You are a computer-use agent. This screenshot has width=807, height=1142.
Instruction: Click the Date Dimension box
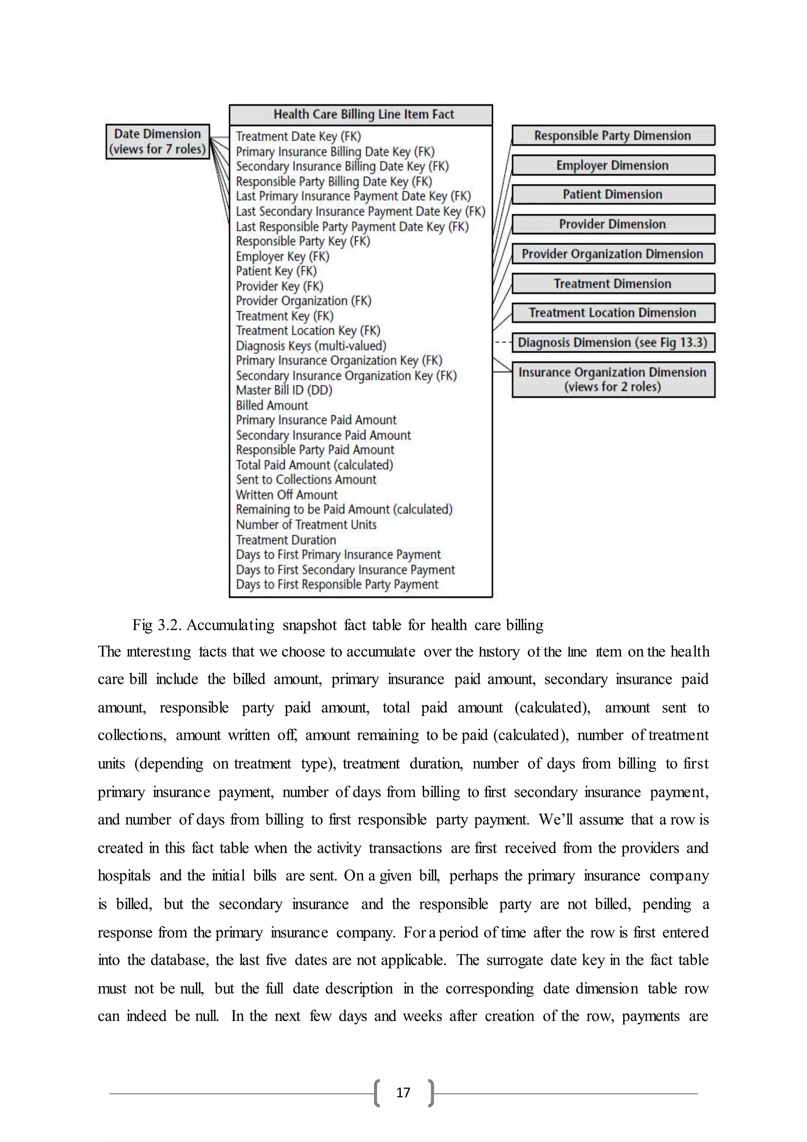coord(158,142)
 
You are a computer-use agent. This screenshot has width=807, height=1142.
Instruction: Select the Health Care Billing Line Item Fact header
coord(361,115)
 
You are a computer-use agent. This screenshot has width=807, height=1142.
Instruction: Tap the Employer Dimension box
coord(613,165)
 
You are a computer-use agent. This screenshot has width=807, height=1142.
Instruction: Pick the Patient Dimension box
coord(613,194)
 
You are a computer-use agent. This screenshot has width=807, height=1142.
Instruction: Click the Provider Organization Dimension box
coord(613,254)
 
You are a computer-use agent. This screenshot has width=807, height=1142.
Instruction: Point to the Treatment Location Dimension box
coord(613,313)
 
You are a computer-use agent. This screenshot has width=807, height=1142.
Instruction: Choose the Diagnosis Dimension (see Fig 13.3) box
coord(613,343)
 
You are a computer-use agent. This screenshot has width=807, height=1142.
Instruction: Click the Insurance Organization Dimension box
coord(613,379)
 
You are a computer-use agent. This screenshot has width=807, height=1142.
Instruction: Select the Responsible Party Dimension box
coord(613,135)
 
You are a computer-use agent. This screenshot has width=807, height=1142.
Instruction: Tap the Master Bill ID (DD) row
coord(284,390)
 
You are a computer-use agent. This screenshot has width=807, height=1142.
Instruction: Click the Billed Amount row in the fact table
coord(272,405)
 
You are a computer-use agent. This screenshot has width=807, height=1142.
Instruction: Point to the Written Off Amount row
coord(287,495)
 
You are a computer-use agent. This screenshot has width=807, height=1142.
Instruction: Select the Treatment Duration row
coord(286,540)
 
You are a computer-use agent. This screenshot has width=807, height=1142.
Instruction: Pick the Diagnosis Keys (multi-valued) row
coord(311,346)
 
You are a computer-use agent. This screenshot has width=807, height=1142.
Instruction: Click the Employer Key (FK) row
coord(282,257)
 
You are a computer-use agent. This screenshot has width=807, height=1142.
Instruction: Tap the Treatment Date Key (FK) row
coord(298,136)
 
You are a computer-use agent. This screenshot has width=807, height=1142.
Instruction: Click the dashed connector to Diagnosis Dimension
coord(502,343)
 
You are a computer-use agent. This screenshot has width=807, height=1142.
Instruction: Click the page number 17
coord(403,1093)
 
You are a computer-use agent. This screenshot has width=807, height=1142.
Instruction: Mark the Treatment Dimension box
coord(613,284)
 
